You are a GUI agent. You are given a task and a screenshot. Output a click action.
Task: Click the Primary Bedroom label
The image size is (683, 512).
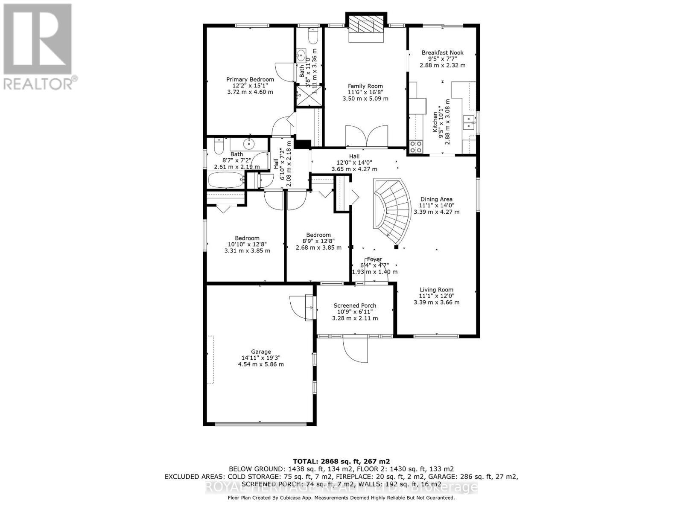point(250,79)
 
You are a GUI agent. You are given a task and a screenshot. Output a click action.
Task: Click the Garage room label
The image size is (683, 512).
point(261,352)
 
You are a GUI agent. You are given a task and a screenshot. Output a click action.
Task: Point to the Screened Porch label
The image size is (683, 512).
point(355,305)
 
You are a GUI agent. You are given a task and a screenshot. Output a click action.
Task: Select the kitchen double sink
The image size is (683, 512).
point(469,122)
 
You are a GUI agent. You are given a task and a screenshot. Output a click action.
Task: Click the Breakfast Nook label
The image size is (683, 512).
point(442,52)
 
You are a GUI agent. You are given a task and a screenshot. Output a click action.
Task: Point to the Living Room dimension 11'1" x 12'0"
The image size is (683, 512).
point(436,296)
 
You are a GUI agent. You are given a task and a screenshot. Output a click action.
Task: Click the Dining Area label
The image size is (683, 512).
point(436,199)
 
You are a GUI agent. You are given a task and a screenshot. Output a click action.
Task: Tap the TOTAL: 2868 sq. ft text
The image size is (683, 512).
point(341,461)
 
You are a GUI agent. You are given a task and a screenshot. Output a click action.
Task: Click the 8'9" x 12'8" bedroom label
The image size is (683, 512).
point(318,235)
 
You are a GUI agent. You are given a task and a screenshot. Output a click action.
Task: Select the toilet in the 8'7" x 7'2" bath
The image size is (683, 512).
point(218,147)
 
